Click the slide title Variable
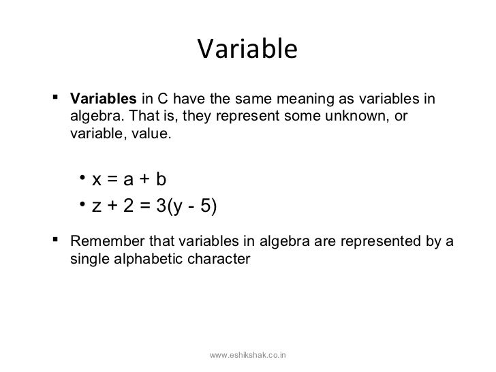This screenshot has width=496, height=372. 247,49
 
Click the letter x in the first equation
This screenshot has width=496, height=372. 97,180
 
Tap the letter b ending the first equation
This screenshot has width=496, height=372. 160,180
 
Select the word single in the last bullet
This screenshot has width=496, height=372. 88,259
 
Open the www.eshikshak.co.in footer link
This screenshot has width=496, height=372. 248,355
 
